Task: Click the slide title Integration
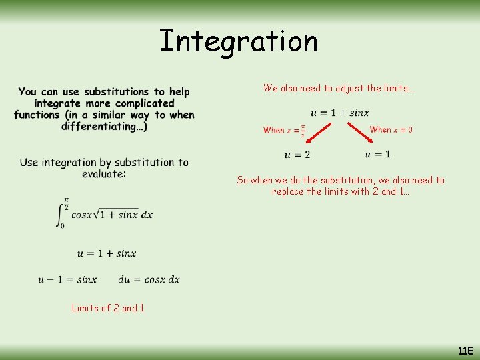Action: click(x=239, y=41)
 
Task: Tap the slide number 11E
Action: click(x=465, y=351)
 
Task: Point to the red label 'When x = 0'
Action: click(x=391, y=129)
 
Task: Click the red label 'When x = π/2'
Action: click(x=284, y=130)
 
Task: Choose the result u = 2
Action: click(x=297, y=155)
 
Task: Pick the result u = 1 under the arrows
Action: click(x=377, y=155)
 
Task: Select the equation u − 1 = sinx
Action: click(x=67, y=279)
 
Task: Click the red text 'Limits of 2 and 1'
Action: click(x=108, y=308)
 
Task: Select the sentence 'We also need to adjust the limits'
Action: click(x=339, y=88)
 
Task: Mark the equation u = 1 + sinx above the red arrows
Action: click(x=339, y=113)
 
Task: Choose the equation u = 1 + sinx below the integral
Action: click(x=107, y=253)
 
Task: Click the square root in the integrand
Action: click(x=118, y=214)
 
